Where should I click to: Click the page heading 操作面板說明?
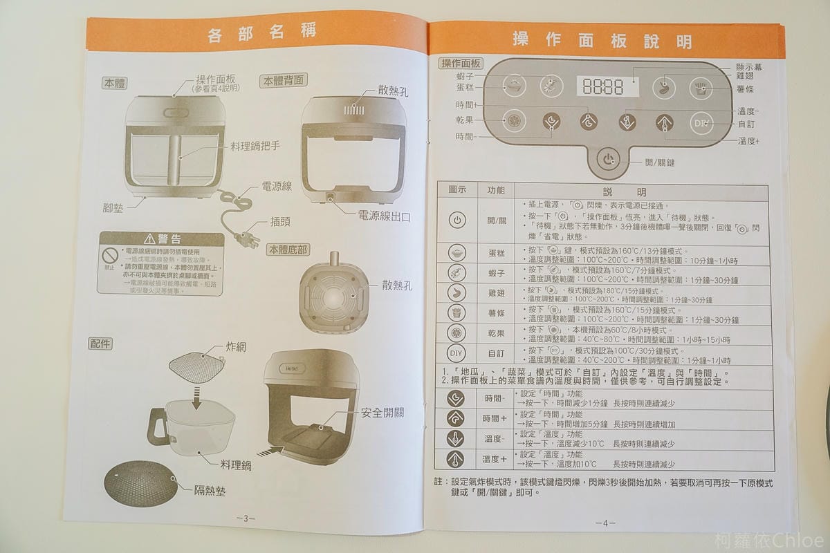click(x=601, y=40)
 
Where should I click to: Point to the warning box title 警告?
click(x=161, y=240)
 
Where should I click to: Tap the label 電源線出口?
click(x=383, y=216)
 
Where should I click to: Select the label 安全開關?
click(x=382, y=413)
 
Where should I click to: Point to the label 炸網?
click(x=237, y=347)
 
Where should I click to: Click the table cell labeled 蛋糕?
click(x=496, y=254)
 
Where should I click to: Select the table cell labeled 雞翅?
click(x=496, y=293)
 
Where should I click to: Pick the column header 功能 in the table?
click(x=496, y=190)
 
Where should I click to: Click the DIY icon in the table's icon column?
click(x=456, y=353)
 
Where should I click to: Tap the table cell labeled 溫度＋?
click(x=495, y=459)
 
